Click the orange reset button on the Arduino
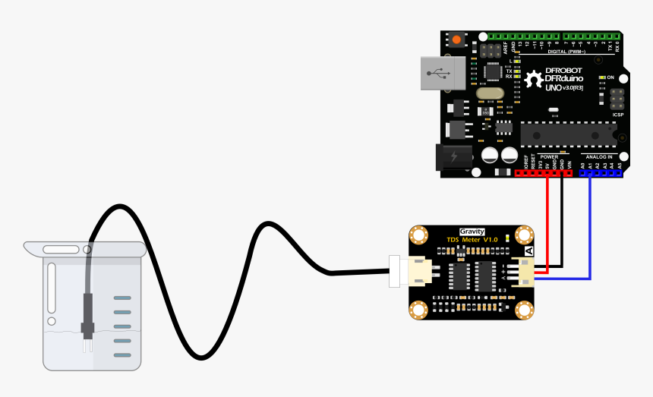point(456,40)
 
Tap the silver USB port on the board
point(441,74)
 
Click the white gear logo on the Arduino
point(534,78)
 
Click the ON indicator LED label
point(610,77)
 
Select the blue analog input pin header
point(601,173)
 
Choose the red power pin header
point(544,173)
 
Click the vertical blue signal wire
point(590,228)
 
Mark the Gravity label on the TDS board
point(472,232)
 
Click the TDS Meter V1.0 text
point(472,241)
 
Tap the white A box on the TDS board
point(528,251)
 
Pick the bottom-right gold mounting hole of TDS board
point(525,309)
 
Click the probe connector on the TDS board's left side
point(416,272)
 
